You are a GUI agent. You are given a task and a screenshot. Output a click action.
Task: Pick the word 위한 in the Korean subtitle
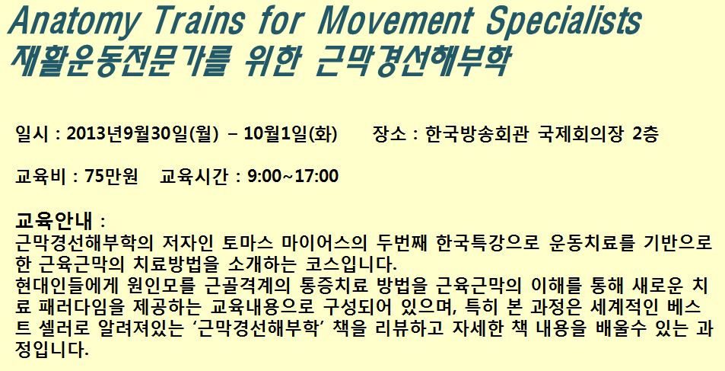pos(269,61)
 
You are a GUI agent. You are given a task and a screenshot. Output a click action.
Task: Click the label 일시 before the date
pos(30,135)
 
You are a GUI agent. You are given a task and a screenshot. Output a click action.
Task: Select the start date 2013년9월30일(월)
pos(142,135)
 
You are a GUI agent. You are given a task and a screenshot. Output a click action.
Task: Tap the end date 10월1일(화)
pos(291,135)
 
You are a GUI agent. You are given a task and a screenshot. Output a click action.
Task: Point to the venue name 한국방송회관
pos(475,135)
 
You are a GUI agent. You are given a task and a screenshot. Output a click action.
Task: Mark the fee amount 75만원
pos(111,176)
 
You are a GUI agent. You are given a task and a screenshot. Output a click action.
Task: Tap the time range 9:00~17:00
pos(293,176)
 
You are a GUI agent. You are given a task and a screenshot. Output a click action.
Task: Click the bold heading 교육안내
pos(54,221)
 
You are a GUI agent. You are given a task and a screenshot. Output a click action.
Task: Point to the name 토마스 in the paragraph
pos(248,243)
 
